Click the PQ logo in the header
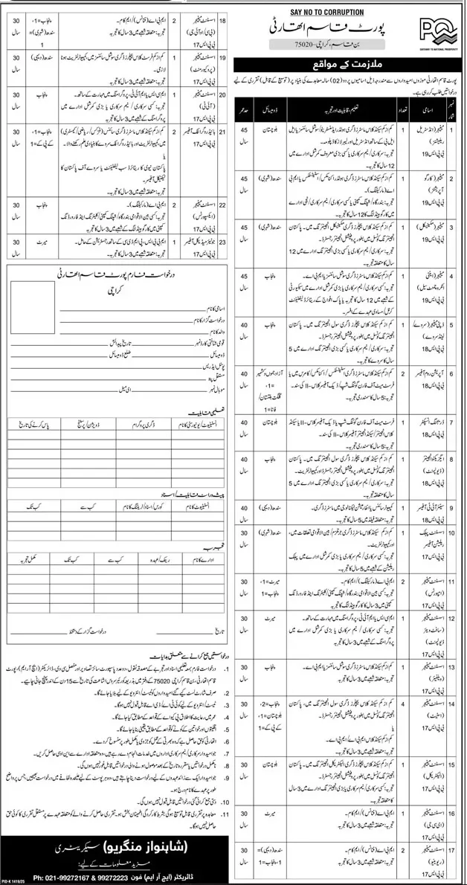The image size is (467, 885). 438,24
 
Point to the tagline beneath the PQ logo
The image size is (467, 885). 438,45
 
